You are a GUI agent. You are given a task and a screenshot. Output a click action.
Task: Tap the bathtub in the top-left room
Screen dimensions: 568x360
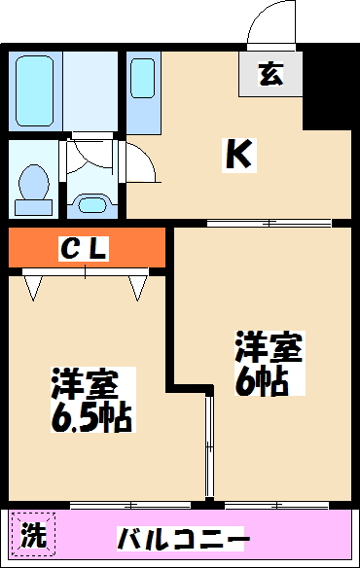(x=36, y=90)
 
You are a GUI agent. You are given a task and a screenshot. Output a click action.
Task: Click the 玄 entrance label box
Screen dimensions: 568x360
(x=270, y=74)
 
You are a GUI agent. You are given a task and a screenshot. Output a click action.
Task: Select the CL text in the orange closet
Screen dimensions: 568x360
(x=84, y=250)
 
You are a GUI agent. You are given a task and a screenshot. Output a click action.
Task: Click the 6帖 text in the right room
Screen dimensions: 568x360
(x=261, y=380)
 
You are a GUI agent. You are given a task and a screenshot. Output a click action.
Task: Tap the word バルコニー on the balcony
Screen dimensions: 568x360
(x=184, y=538)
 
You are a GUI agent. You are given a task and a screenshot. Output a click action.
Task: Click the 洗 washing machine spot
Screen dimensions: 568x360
(x=34, y=535)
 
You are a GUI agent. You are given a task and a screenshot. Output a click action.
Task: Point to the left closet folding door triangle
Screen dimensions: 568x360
(x=35, y=286)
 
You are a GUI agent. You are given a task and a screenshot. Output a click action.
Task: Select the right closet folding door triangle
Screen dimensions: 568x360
(x=137, y=286)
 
